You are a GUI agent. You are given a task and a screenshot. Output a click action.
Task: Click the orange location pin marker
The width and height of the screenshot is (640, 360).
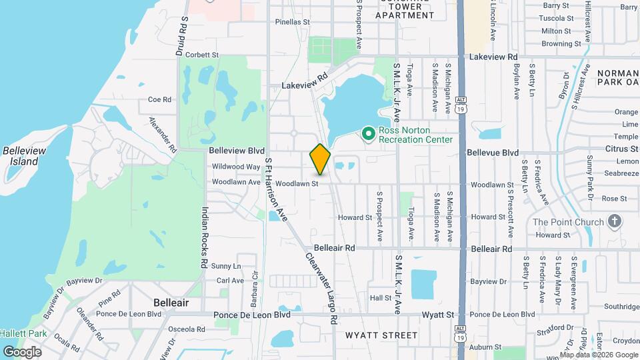[321, 159]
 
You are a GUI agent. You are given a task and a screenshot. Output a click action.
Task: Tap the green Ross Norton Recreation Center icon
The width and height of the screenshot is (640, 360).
[367, 135]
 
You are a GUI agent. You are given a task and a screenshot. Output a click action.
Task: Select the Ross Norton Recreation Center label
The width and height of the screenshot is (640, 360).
[415, 135]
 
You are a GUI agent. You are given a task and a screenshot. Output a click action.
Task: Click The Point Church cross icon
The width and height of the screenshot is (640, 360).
[614, 221]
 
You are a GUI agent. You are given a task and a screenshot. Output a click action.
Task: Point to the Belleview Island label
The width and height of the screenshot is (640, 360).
[24, 156]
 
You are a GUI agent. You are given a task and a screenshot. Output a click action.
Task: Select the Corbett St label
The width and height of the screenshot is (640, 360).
[203, 55]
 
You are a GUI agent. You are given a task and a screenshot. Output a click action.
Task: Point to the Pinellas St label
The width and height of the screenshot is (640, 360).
[293, 22]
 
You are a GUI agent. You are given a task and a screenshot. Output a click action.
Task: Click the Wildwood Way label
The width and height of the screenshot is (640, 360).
[235, 167]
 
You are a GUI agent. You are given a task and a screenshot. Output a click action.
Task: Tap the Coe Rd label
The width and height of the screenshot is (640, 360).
[159, 99]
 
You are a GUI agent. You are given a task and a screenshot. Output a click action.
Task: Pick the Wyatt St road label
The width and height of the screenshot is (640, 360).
[437, 314]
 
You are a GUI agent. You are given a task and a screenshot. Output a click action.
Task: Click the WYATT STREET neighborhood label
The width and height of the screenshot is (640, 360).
[381, 335]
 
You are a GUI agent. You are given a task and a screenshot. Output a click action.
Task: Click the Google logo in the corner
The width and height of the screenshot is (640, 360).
[22, 351]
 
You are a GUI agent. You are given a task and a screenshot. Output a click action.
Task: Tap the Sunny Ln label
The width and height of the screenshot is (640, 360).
[225, 266]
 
